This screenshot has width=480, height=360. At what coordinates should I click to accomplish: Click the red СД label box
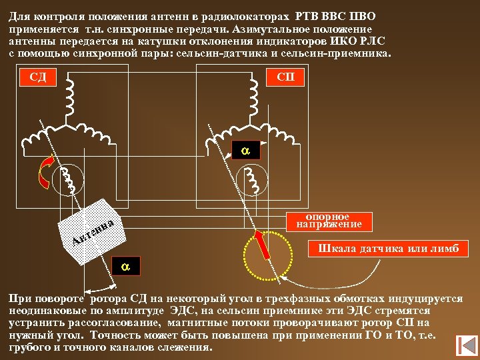click(x=38, y=77)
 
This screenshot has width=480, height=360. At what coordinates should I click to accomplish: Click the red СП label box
click(x=285, y=77)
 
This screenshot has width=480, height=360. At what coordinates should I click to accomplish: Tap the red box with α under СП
click(x=245, y=151)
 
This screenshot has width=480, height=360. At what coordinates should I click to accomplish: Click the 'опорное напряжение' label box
click(x=328, y=221)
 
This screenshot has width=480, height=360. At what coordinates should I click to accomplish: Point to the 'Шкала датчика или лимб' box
click(x=389, y=249)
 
